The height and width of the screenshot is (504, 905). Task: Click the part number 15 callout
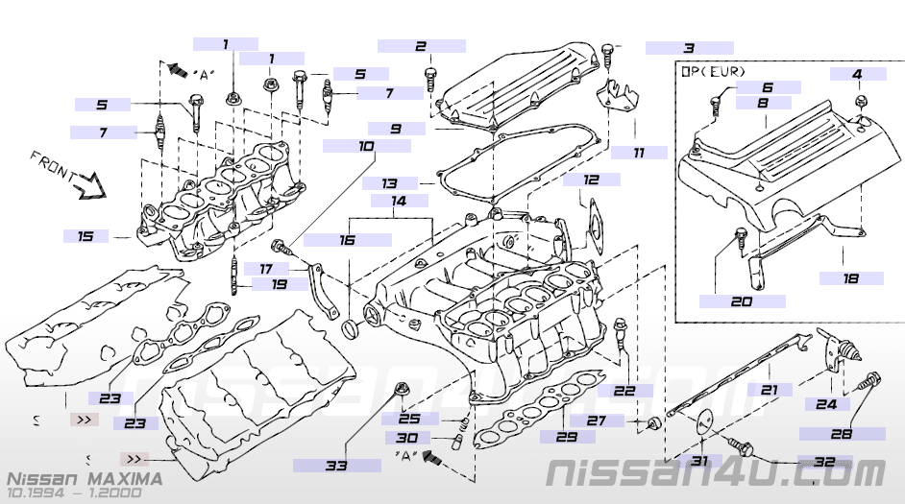[86, 235]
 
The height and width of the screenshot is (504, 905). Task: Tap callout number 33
[335, 466]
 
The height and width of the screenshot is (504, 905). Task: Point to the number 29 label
[567, 436]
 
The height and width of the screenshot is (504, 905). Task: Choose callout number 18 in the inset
[850, 277]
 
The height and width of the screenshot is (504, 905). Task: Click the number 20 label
[741, 300]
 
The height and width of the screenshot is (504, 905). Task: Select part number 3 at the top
[688, 47]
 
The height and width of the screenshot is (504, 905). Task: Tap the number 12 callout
[591, 180]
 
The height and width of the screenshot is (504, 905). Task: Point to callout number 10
[366, 146]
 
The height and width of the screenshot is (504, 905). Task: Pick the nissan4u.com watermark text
[716, 472]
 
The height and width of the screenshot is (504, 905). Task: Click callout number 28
[841, 433]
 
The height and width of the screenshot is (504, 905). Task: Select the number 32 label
[823, 461]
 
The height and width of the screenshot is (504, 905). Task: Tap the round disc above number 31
[701, 420]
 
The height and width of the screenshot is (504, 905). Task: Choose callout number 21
[769, 390]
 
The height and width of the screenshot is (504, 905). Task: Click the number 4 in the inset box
[857, 74]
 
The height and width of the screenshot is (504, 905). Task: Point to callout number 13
[388, 182]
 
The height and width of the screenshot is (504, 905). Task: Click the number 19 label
[278, 284]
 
